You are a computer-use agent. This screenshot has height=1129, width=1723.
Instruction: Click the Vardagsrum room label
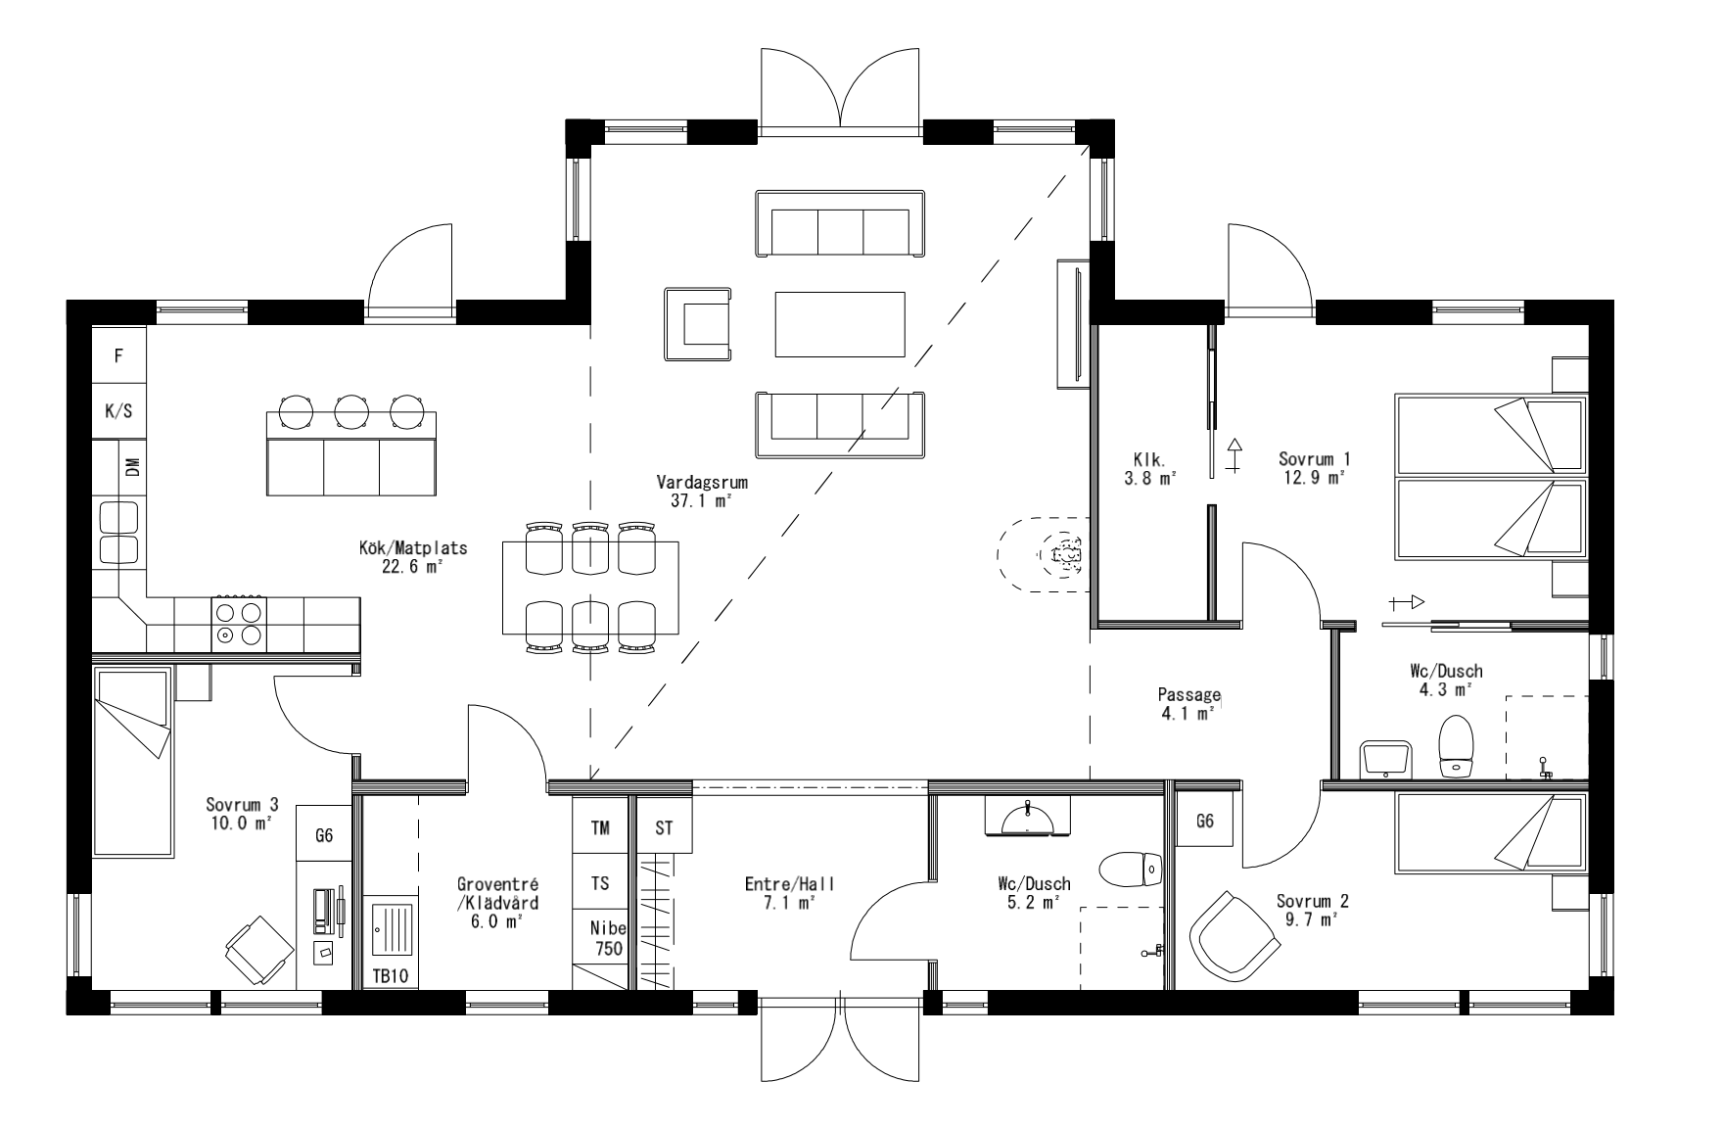(x=695, y=491)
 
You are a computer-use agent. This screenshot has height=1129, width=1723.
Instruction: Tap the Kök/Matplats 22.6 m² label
(x=412, y=556)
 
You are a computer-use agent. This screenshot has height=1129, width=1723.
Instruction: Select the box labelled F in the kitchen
(x=118, y=355)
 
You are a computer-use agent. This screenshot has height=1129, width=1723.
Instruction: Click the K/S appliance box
(x=118, y=411)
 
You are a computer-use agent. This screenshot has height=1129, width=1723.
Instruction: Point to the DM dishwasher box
(x=131, y=468)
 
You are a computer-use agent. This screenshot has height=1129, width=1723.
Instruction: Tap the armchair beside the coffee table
(x=699, y=324)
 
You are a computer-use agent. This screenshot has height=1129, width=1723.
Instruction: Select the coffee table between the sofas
(x=840, y=324)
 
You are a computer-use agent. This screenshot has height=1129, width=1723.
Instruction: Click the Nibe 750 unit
(x=607, y=938)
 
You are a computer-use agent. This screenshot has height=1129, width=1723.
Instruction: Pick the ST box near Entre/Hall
(x=665, y=827)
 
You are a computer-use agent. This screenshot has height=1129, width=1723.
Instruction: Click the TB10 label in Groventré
(x=390, y=976)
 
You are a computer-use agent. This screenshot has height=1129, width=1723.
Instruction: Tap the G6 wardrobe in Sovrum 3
(x=324, y=835)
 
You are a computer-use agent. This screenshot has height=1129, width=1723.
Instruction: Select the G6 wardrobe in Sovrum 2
(x=1205, y=821)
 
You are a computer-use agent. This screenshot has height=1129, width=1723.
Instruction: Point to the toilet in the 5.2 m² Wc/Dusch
(x=1130, y=868)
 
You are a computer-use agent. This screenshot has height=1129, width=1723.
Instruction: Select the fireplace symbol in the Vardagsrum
(x=1065, y=556)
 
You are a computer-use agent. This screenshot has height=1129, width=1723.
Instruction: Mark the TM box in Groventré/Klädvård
(x=600, y=827)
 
